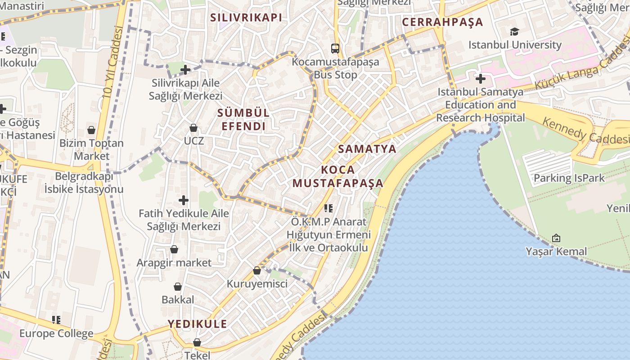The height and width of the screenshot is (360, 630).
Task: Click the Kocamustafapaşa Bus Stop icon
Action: tap(335, 48)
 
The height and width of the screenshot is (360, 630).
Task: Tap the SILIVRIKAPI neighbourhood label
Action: tap(246, 18)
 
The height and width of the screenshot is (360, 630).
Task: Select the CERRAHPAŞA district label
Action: tap(442, 22)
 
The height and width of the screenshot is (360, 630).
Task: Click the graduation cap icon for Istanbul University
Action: tap(514, 31)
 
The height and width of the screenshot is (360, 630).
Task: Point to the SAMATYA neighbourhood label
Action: tap(367, 149)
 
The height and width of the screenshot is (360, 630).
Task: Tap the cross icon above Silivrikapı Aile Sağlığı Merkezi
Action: tap(185, 70)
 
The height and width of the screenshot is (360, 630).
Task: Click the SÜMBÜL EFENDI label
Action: tap(243, 119)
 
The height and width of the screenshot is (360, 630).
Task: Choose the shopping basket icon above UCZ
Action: tap(193, 128)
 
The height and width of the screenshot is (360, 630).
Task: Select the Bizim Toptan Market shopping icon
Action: tap(91, 130)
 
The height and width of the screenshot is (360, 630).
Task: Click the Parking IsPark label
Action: tap(569, 178)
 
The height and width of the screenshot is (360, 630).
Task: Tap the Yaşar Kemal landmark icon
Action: tap(556, 238)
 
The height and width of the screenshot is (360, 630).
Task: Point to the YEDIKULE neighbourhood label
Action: tap(198, 324)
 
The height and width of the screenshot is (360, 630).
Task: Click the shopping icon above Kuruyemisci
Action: tap(256, 270)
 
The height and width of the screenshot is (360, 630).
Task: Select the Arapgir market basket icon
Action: tap(174, 249)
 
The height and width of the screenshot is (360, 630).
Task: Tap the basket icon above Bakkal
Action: tap(178, 287)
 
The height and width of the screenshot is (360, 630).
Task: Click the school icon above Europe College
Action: tap(56, 320)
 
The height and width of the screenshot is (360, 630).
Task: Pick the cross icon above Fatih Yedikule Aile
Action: tap(184, 200)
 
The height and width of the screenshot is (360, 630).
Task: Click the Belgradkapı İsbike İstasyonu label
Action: tap(84, 182)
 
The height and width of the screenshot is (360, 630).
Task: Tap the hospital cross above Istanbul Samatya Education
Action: tap(480, 79)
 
